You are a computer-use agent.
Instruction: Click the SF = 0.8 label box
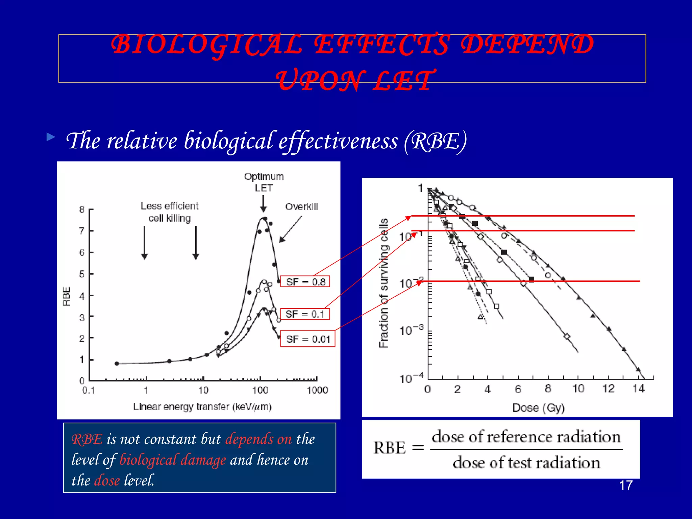pos(305,281)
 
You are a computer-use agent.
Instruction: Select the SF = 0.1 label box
pos(305,314)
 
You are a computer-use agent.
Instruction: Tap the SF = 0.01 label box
pos(307,339)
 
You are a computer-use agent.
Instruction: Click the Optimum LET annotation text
pos(264,182)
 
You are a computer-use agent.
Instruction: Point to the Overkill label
pos(301,207)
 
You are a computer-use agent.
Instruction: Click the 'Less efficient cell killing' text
pos(170,212)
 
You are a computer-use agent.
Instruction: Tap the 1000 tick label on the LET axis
pos(317,390)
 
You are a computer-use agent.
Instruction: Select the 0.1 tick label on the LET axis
pos(89,390)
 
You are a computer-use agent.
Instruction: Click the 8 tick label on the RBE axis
pos(82,209)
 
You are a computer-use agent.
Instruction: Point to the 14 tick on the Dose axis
pos(638,389)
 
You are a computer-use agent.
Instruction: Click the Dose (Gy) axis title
pos(538,408)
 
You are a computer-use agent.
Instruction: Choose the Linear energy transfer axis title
pos(202,406)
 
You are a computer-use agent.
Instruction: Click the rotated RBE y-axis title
pos(67,296)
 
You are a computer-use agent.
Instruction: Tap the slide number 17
pos(626,486)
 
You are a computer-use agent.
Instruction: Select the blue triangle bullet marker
pos(51,137)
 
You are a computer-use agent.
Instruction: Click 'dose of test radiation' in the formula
pos(526,463)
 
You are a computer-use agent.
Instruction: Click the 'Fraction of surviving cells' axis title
pos(384,283)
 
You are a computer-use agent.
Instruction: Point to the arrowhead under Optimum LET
pos(263,209)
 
